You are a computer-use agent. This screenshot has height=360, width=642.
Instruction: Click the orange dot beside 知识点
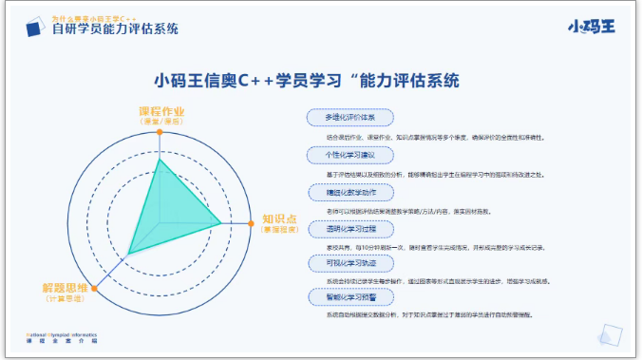[251, 224]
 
